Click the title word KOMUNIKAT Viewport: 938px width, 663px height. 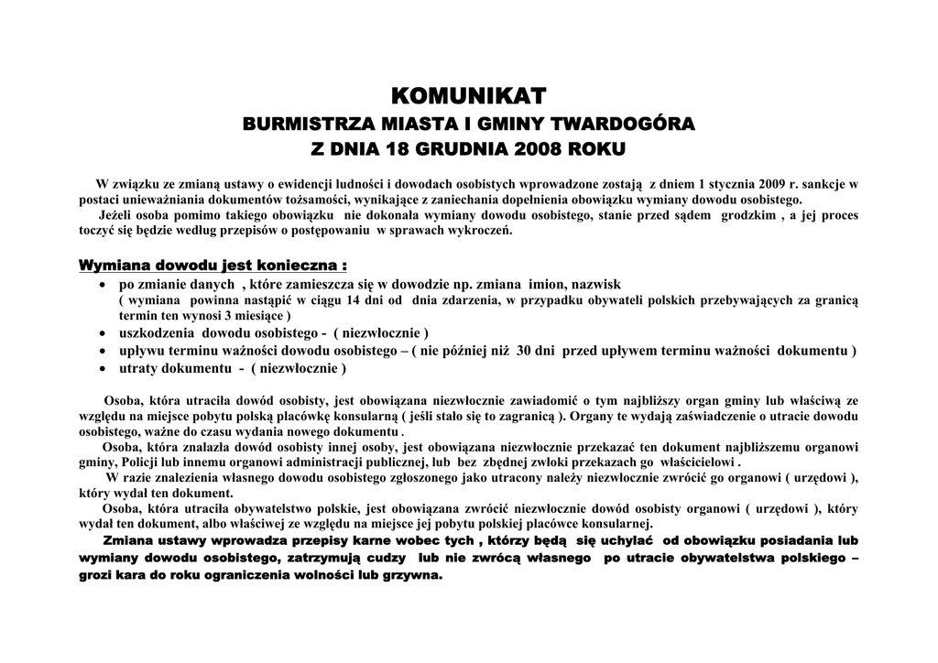coord(468,95)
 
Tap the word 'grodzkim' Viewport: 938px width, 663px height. coord(748,215)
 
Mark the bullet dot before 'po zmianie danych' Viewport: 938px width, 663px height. coord(104,286)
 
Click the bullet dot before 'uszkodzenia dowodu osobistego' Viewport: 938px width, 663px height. coord(104,332)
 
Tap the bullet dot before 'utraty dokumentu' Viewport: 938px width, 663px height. coord(104,369)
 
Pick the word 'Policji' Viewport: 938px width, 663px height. coord(143,463)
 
